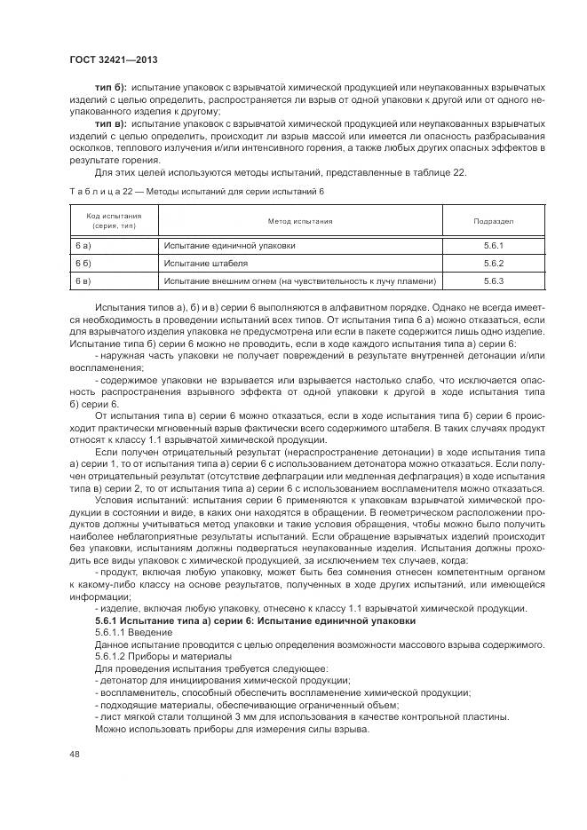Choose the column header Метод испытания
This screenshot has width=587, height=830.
(300, 220)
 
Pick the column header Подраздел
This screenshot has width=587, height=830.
(494, 220)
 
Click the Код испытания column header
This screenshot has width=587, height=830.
(114, 220)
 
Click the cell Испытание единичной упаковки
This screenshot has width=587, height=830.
(228, 245)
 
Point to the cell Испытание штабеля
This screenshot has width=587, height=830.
(205, 263)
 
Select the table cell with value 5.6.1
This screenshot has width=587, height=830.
(494, 245)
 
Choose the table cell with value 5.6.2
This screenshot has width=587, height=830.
(494, 263)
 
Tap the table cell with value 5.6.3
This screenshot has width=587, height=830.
(494, 281)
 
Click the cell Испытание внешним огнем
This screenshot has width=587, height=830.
(299, 281)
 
